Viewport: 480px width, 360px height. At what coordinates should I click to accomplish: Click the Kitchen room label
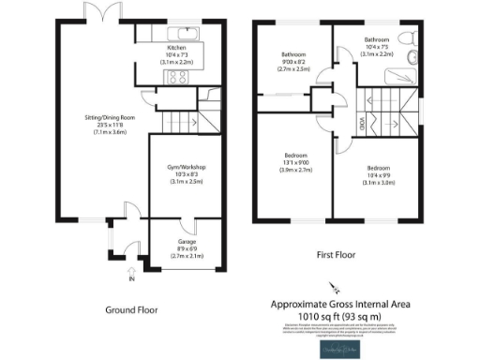point(177,47)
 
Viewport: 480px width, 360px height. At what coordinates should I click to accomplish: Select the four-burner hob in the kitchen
point(177,78)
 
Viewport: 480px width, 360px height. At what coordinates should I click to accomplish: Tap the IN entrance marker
point(131,278)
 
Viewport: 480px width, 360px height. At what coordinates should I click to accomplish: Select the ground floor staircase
point(181,121)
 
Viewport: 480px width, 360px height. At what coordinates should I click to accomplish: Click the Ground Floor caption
point(132,310)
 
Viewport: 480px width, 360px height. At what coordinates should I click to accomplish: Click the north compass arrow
point(329,290)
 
